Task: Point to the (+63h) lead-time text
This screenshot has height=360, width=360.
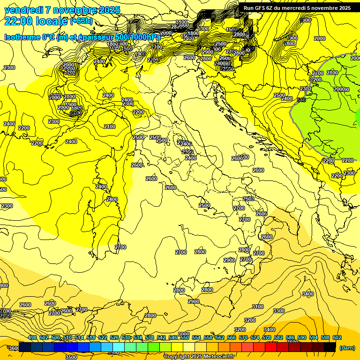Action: coord(81,21)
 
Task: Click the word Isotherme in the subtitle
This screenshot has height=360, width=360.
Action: coord(22,37)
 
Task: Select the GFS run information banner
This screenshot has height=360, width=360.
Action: coord(297,8)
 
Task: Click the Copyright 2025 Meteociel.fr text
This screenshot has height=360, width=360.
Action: coord(199,356)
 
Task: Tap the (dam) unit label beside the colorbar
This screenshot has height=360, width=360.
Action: coord(346,348)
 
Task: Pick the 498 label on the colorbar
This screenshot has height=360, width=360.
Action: coord(32,337)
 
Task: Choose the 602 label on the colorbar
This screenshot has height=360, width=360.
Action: coord(337,337)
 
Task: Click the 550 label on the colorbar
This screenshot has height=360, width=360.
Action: coord(185,337)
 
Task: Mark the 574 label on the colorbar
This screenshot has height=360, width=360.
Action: coord(255,337)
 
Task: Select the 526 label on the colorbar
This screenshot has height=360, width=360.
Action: coord(114,337)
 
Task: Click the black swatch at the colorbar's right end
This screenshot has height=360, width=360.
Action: coord(330,347)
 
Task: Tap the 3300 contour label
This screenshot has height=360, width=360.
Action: coord(278,311)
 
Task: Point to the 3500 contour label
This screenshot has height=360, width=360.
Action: coord(71,357)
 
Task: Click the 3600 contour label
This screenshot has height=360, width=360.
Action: coord(14,348)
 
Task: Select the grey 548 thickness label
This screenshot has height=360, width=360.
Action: coord(301,100)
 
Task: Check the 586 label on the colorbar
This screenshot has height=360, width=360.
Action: coord(290,337)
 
